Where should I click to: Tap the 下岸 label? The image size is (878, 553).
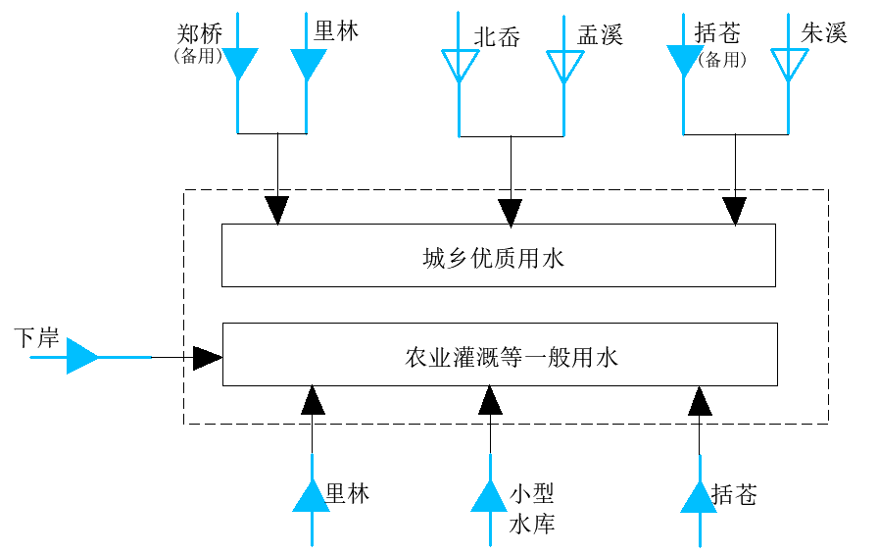pos(36,338)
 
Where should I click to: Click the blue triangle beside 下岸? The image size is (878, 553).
pos(82,356)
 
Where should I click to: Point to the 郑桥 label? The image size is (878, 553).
pos(200,33)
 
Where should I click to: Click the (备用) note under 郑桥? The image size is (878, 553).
pos(198,56)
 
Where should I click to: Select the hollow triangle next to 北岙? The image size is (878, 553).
pos(460,66)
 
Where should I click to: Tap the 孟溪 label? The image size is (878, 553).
pos(600,34)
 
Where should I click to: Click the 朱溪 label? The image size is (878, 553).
pos(824,33)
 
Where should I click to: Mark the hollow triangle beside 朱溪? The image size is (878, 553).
pos(789,66)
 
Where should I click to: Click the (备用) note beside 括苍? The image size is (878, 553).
pos(722,60)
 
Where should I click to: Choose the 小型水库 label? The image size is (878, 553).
pos(531,509)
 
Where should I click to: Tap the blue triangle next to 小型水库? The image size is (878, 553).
pos(489,496)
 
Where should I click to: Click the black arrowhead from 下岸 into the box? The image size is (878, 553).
pos(207,358)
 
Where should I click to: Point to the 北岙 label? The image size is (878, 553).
pos(497,37)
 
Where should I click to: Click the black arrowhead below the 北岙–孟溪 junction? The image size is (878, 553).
pos(511,213)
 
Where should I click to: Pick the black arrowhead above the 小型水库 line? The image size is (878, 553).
pos(490,399)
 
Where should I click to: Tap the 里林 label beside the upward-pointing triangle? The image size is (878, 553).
pos(347,493)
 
